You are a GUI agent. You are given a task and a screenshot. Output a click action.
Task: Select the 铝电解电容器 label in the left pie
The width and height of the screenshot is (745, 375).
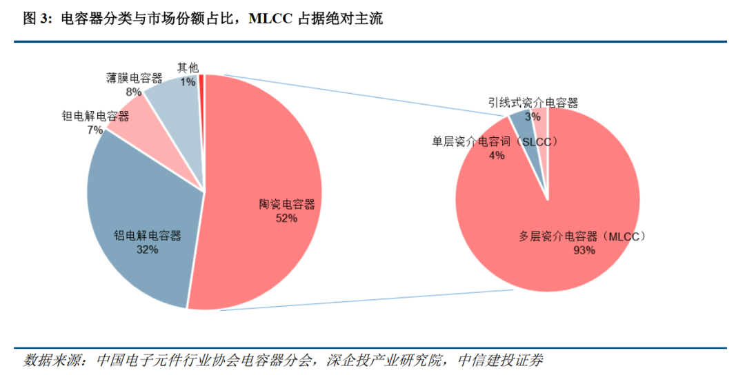point(148,236)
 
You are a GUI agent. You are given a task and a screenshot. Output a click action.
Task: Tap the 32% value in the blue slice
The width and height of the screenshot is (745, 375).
point(148,250)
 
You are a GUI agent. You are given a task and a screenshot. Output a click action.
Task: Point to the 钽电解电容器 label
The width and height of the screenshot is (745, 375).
point(95,116)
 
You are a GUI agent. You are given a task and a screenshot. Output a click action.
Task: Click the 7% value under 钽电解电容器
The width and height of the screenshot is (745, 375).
point(95,130)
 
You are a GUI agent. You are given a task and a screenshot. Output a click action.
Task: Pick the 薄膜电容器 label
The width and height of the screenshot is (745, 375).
point(134,79)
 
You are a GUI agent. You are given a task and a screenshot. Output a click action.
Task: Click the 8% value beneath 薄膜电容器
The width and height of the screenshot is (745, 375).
point(134,92)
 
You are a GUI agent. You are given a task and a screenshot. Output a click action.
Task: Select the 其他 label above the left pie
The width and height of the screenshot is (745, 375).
point(188,68)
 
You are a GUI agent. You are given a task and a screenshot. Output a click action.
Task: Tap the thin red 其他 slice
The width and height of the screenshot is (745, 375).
point(201,95)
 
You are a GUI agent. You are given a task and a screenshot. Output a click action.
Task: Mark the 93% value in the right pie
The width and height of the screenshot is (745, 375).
point(584,250)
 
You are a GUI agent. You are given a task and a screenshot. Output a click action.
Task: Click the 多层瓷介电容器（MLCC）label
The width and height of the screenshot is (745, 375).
point(582,236)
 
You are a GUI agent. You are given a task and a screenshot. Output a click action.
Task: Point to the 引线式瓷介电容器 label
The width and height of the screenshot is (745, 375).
point(533,103)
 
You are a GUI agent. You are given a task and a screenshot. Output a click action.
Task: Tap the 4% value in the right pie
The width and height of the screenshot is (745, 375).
point(497,155)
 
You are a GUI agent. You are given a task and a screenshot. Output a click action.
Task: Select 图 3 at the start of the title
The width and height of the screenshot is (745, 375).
point(37,19)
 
